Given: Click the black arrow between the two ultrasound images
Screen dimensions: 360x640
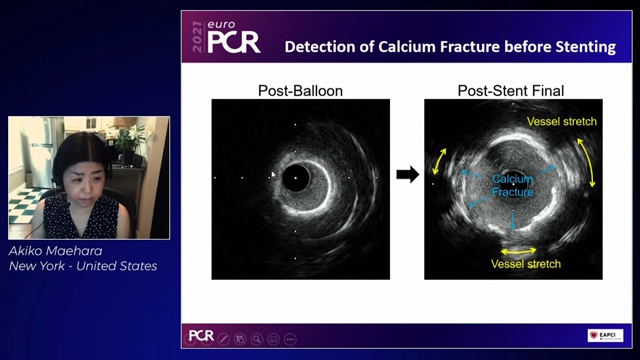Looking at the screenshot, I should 407,175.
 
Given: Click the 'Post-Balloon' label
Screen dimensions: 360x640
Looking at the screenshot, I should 301,91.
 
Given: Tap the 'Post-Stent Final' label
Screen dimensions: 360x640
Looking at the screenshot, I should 511,91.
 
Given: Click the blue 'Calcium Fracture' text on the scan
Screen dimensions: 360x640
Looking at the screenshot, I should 512,185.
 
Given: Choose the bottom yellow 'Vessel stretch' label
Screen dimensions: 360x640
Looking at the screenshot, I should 525,264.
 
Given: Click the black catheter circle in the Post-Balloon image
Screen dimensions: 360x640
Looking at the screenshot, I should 296,180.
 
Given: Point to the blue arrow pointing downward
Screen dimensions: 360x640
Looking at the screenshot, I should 513,218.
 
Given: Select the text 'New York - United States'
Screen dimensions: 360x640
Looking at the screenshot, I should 83,266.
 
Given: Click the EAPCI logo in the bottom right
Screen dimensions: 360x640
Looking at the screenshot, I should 605,336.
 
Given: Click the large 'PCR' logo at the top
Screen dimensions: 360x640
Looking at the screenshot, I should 234,41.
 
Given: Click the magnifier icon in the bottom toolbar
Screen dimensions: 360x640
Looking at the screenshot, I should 258,339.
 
